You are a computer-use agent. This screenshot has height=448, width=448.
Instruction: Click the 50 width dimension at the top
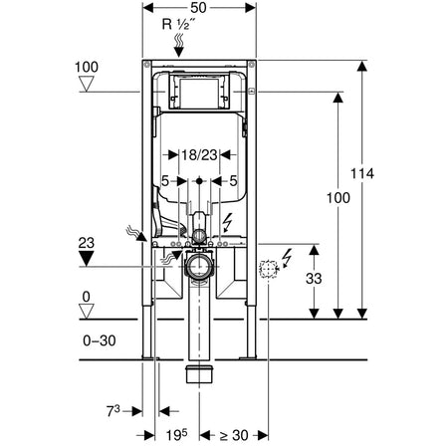coord(199,8)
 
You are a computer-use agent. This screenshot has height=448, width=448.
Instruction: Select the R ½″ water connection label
coord(179,24)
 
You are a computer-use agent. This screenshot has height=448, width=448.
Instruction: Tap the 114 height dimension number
coord(362,173)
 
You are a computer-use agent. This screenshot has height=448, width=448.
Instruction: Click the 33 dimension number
coord(314,279)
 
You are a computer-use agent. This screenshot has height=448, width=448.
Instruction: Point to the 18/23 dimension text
coord(199,154)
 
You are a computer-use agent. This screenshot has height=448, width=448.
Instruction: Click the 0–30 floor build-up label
coord(100,340)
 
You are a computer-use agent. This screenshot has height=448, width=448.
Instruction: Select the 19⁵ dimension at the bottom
coord(176,435)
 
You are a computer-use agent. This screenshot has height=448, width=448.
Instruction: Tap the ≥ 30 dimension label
coord(234,435)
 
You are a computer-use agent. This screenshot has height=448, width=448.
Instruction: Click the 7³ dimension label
coord(113,411)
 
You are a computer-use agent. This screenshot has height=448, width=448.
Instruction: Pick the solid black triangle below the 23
coord(87,259)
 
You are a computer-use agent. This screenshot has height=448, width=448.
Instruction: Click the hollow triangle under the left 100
coord(87,84)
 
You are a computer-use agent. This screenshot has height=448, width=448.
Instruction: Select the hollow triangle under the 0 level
coord(87,312)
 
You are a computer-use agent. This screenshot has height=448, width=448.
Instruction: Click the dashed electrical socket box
coord(268,269)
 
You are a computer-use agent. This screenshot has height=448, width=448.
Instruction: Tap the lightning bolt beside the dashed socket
coord(287,258)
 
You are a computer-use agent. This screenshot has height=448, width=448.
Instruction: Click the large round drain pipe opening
coord(199,267)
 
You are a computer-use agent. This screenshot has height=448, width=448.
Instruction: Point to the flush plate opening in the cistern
coord(199,93)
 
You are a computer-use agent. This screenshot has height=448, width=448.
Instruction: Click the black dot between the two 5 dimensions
coord(199,181)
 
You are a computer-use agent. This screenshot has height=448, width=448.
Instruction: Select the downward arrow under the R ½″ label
coord(179,45)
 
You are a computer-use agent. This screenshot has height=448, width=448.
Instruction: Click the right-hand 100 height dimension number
coord(338,198)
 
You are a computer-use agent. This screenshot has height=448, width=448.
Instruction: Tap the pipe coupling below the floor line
coord(199,374)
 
